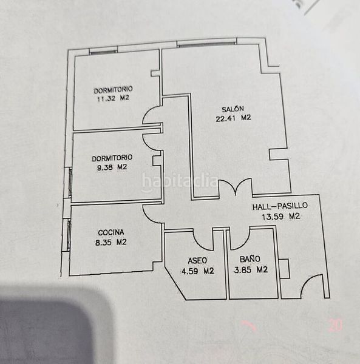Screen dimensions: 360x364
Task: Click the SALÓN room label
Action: tap(233, 109)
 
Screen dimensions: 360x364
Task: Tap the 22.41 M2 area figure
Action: tap(233, 118)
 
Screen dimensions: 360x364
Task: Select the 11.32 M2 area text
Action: tap(113, 98)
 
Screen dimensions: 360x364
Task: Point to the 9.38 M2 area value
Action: tap(112, 167)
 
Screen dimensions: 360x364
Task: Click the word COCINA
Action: tap(111, 232)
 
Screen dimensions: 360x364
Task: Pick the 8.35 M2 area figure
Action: tap(110, 242)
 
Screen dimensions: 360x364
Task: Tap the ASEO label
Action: tap(197, 261)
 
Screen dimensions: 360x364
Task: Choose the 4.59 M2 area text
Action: tap(198, 271)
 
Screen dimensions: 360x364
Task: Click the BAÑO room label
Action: tap(250, 259)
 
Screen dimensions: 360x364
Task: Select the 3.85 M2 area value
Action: tap(251, 269)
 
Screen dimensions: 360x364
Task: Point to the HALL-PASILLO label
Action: tap(280, 206)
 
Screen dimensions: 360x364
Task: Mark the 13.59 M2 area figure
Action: tap(281, 217)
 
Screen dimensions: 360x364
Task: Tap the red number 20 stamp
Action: tap(336, 325)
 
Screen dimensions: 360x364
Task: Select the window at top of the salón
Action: tap(206, 44)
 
